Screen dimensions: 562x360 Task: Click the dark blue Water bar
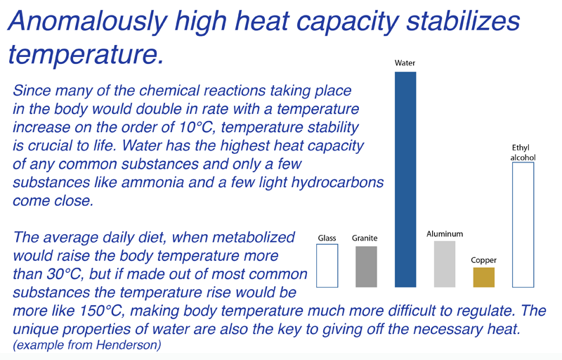(405, 179)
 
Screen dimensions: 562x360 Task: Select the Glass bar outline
(317, 266)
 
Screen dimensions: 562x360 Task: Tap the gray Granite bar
(366, 266)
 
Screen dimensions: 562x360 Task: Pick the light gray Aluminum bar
(445, 264)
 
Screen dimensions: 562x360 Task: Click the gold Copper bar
(484, 277)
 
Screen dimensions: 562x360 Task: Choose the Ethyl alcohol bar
(513, 225)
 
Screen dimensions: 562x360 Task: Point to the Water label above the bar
(405, 63)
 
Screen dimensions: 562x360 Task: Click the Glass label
(327, 238)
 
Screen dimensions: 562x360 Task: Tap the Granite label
(365, 238)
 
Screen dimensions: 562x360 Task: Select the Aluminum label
(445, 233)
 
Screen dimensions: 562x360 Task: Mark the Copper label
(484, 260)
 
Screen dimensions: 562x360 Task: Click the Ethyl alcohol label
(523, 153)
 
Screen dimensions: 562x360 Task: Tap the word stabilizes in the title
(463, 21)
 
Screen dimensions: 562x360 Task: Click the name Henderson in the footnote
(129, 345)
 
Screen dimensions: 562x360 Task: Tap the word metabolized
(254, 237)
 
